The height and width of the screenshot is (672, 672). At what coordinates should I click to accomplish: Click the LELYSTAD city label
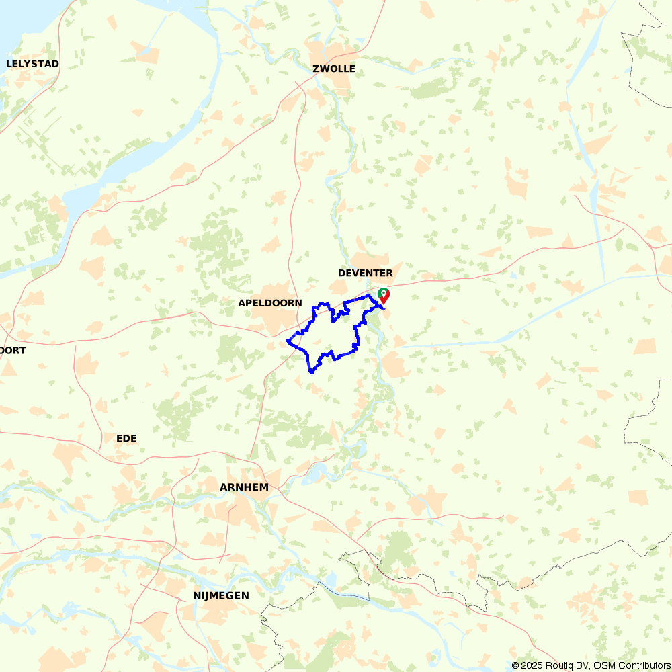click(32, 64)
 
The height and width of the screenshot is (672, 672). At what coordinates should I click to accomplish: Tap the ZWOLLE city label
click(334, 69)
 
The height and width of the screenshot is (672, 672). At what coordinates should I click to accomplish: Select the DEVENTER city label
click(365, 273)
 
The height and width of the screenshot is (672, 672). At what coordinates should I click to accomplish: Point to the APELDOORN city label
click(270, 303)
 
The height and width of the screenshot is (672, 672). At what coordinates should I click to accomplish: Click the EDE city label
click(126, 438)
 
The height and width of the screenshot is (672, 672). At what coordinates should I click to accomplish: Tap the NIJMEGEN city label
click(221, 595)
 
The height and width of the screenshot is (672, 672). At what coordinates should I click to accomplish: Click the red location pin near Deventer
click(384, 296)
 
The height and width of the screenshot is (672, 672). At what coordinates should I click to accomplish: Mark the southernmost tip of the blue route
click(311, 372)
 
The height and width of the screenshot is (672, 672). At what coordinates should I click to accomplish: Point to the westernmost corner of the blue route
click(288, 341)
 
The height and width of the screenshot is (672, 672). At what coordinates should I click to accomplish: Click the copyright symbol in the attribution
click(515, 665)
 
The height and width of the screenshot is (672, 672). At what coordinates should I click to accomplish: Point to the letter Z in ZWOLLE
click(316, 69)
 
